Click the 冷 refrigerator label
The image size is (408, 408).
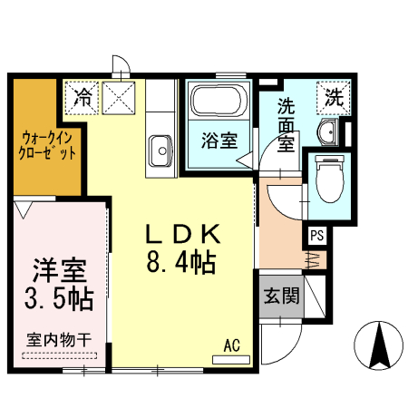tap(83, 94)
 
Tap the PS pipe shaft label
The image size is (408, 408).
tap(316, 236)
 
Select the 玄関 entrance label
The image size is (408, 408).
tap(281, 296)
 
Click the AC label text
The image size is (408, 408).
tap(231, 345)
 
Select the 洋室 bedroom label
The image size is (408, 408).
tap(60, 270)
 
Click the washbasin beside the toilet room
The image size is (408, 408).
tap(327, 135)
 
